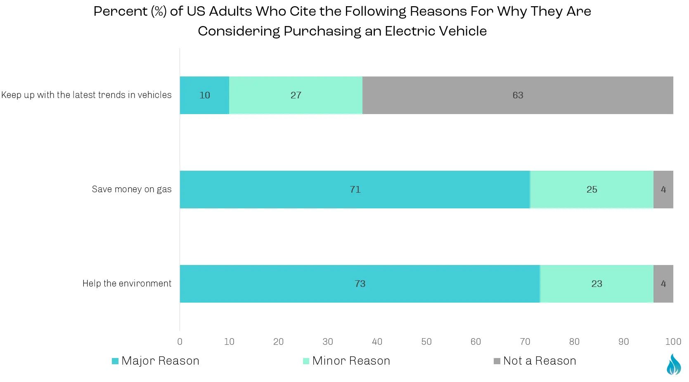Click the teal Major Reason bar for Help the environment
[x=360, y=284]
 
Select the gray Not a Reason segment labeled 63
[x=518, y=95]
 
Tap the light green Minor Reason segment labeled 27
[x=296, y=95]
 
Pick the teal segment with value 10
[x=204, y=95]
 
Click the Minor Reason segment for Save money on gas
[x=592, y=189]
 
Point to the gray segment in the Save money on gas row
[x=663, y=189]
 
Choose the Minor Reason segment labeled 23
[x=597, y=284]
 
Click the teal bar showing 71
[x=355, y=189]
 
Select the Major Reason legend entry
[x=156, y=361]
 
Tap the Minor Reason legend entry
[x=346, y=361]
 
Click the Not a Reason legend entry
[x=535, y=361]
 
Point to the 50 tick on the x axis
[x=426, y=341]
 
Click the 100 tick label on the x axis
[x=673, y=341]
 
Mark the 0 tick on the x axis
[x=180, y=341]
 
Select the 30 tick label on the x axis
[x=328, y=341]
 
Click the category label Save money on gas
[x=132, y=189]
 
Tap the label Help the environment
[x=127, y=284]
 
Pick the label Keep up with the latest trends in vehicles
[x=86, y=95]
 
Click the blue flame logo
[x=673, y=364]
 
